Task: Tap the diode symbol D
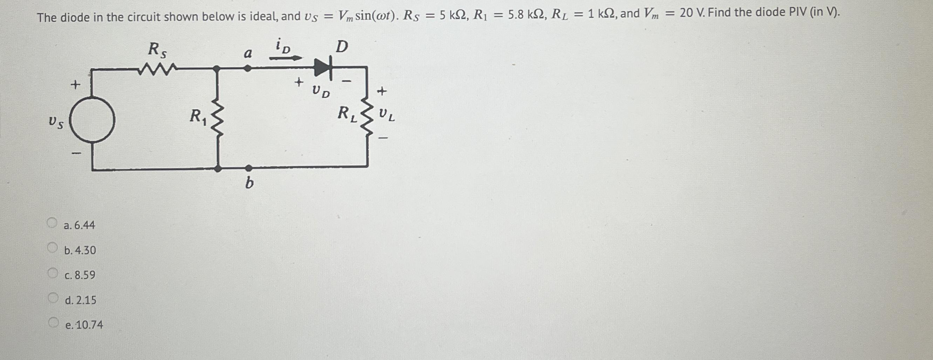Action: point(323,67)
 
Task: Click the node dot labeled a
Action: point(247,68)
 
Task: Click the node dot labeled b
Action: point(249,168)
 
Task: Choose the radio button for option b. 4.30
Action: point(53,248)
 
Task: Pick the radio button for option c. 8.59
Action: point(53,273)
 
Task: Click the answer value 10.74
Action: point(89,325)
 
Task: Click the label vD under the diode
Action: point(321,91)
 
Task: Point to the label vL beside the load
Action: point(387,116)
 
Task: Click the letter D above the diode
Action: point(341,46)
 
